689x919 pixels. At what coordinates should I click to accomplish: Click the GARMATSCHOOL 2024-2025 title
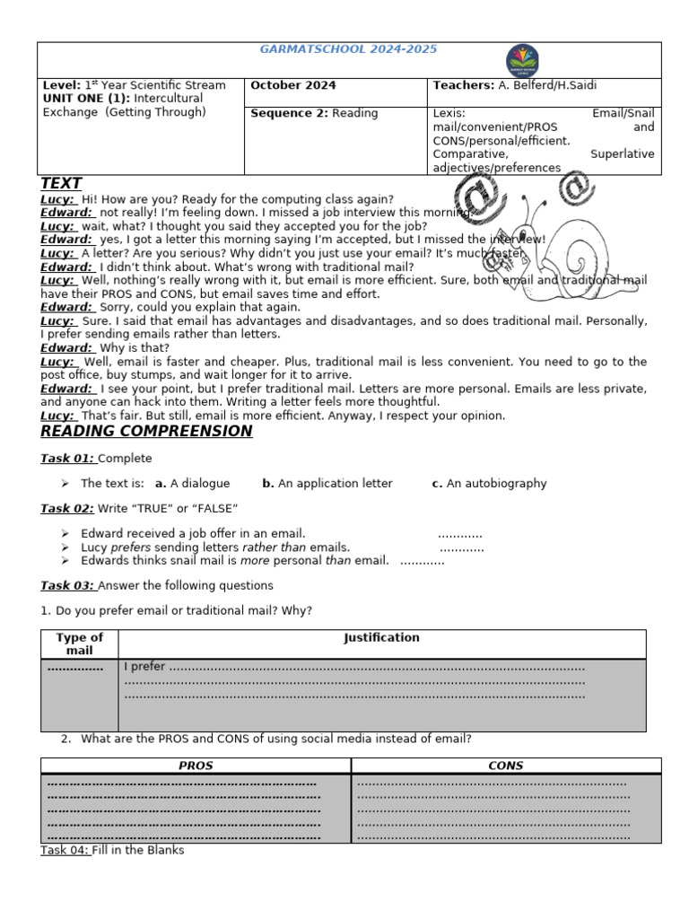tap(348, 50)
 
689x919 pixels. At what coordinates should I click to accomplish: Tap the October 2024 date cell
tap(293, 85)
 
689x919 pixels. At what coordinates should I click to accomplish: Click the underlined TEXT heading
tap(61, 184)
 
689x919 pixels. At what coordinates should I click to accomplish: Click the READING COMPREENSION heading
tap(146, 432)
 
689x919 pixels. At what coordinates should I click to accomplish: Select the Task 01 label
tap(67, 459)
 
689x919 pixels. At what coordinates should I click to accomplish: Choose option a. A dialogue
tap(192, 484)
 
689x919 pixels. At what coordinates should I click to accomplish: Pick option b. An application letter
tap(327, 484)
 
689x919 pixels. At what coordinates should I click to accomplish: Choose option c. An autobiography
tap(489, 484)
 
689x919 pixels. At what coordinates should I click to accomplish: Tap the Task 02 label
tap(67, 509)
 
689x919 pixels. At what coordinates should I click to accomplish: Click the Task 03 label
tap(67, 586)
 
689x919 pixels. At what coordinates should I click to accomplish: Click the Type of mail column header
tap(80, 643)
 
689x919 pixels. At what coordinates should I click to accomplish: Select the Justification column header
tap(381, 638)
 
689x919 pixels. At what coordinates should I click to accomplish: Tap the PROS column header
tap(196, 766)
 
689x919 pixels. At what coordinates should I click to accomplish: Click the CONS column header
tap(506, 766)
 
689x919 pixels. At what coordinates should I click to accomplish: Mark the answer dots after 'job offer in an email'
tap(459, 534)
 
